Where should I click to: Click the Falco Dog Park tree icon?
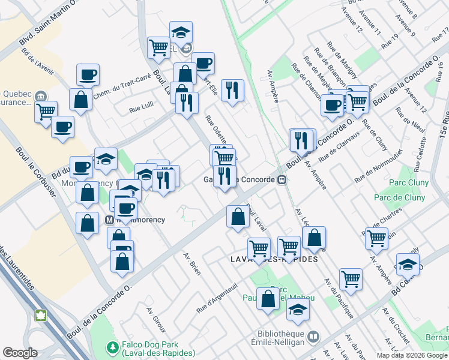coord(112,347)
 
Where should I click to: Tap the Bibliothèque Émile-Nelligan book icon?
coord(313,338)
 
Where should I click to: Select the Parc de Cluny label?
coord(399,197)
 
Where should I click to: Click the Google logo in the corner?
coord(20,352)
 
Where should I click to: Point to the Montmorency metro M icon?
coord(110,220)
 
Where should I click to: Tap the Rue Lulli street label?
coord(142,110)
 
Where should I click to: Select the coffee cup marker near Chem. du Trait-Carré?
coord(88,75)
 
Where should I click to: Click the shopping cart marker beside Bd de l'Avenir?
coord(46,111)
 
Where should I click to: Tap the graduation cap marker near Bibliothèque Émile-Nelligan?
coord(297,310)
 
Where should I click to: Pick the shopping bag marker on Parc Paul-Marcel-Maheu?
coord(268,298)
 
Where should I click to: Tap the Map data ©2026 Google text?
coord(412,355)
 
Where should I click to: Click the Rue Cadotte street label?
coord(422,151)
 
